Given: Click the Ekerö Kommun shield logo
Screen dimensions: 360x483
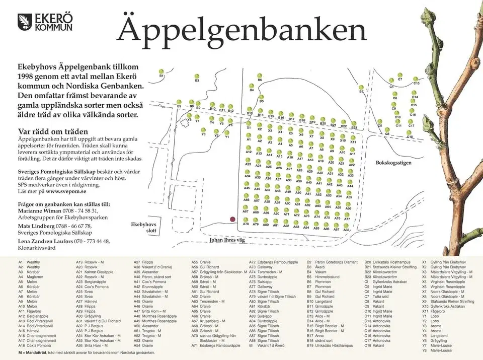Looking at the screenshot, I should coord(25,22).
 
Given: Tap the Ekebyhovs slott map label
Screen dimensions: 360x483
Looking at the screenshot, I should coord(144,227).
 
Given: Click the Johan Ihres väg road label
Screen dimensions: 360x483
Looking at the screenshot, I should coord(227,241).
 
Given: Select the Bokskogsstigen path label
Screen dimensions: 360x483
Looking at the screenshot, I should coord(393,163).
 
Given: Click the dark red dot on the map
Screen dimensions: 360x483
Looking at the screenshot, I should coord(232,219).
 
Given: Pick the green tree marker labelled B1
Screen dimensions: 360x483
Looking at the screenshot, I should coord(161,71).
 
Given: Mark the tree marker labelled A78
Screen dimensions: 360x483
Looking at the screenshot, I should coord(246,219).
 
